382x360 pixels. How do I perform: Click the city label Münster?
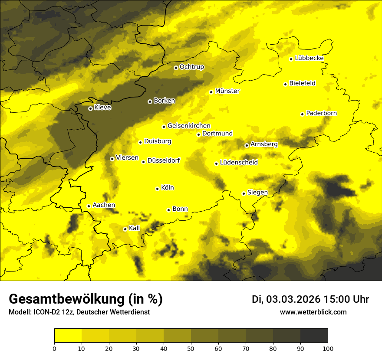(x=227, y=91)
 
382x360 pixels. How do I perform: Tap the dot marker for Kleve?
(x=90, y=108)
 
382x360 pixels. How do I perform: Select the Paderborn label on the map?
(x=321, y=113)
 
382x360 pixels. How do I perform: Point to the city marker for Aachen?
(x=89, y=206)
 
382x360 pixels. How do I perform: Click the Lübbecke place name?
(x=309, y=58)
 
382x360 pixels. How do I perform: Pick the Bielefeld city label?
(x=302, y=83)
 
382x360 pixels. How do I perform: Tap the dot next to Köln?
(x=157, y=189)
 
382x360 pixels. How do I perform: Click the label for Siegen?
(x=257, y=193)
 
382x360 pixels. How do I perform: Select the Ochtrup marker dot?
(x=176, y=68)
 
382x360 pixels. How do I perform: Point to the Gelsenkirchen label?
(x=189, y=126)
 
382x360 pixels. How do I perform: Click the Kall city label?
(x=135, y=228)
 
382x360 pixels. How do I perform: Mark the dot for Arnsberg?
(x=247, y=145)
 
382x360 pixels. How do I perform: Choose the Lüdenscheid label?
(x=239, y=163)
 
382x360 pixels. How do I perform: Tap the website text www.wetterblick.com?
(x=313, y=312)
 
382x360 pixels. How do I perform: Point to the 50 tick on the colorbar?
(x=191, y=348)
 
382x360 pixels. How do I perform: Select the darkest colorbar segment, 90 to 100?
(x=314, y=336)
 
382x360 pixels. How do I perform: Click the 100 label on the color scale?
(x=328, y=348)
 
